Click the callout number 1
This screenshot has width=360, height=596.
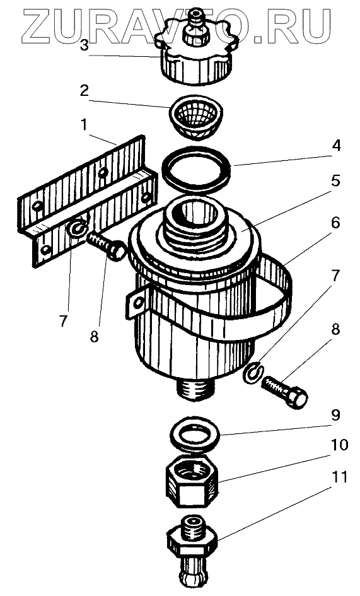click(84, 125)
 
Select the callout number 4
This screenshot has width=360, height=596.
click(335, 146)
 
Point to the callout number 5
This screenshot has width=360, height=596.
click(335, 181)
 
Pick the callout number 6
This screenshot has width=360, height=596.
click(335, 223)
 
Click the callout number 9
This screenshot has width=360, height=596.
click(335, 415)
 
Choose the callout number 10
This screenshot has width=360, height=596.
click(339, 445)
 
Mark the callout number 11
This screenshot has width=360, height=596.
click(339, 477)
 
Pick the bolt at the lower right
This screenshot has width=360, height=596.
click(284, 392)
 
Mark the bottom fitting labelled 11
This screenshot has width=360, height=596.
click(192, 553)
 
